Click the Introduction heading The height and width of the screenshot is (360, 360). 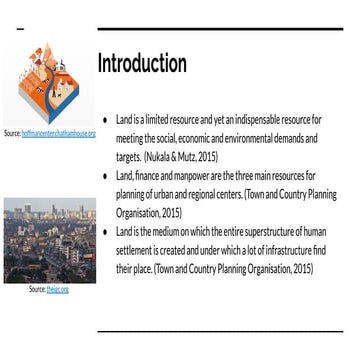142,63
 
